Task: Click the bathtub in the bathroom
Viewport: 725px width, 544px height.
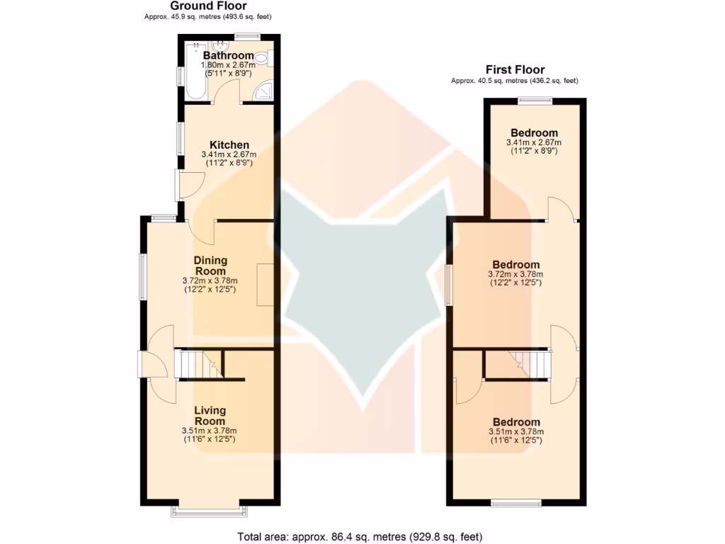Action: pos(195,71)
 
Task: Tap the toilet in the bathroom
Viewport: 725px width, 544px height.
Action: pos(263,59)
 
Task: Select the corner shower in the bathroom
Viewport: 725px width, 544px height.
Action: pos(265,90)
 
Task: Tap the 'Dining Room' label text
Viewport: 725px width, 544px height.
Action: pos(210,266)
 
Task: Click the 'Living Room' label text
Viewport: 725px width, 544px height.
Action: pos(210,416)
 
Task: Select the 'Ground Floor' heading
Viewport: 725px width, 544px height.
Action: pos(207,6)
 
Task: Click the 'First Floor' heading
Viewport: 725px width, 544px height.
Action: pos(515,69)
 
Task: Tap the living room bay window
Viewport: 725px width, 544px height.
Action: pos(210,511)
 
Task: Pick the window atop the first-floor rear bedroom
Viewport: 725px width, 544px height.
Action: pos(534,101)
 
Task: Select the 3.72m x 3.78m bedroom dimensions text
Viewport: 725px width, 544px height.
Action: pos(515,274)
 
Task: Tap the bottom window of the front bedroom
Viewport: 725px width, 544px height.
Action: pos(517,504)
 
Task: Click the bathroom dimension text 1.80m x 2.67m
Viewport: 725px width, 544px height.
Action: pos(229,64)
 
